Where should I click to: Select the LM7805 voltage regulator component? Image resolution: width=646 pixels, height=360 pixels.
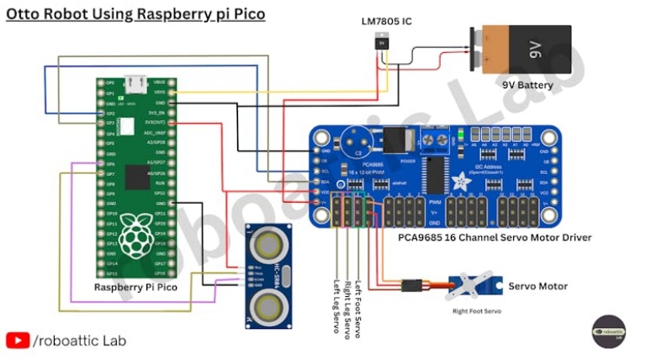(383, 45)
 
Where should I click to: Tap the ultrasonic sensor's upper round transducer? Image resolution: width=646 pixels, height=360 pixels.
(268, 246)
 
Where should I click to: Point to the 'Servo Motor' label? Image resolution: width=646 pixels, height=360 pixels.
(537, 287)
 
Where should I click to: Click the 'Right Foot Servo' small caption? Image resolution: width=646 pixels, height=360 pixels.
(476, 312)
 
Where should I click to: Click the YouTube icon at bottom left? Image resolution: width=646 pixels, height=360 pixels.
(18, 341)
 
